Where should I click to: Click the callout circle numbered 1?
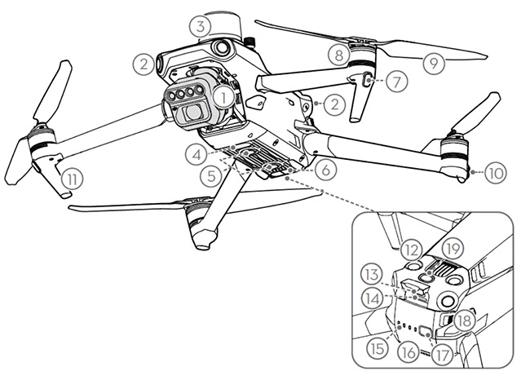[223, 97]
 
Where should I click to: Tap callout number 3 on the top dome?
[201, 27]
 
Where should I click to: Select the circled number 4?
[197, 155]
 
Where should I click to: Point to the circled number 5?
[211, 176]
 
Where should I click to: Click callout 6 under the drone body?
[326, 170]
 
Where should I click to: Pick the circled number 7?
[397, 81]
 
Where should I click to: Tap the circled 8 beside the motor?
[339, 55]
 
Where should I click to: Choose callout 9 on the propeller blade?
[434, 63]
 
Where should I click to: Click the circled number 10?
[496, 173]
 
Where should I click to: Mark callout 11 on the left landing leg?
[73, 179]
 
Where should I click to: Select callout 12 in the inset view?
[411, 250]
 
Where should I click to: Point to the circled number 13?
[372, 275]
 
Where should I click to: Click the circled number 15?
[377, 348]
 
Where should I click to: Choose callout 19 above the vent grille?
[453, 250]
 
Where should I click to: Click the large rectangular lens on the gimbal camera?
[194, 113]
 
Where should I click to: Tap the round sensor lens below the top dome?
[222, 47]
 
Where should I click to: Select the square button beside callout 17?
[424, 330]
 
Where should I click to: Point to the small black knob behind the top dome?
[250, 42]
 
